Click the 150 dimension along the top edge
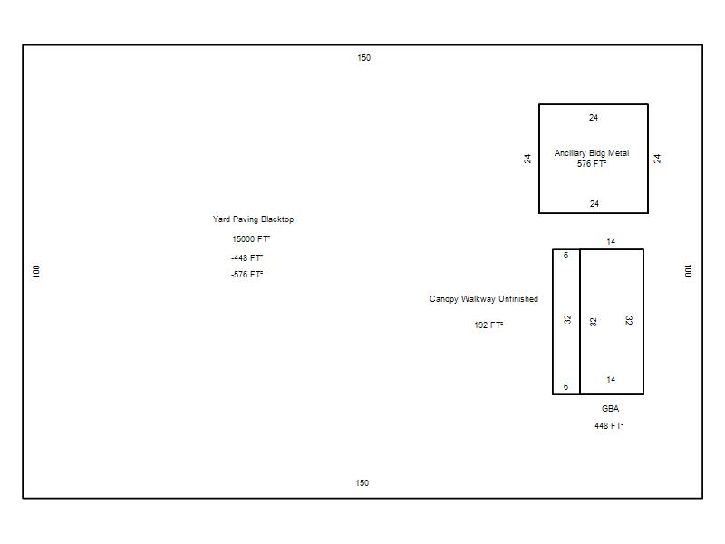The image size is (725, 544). pos(364,58)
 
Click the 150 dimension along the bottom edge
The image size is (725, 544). pos(362,483)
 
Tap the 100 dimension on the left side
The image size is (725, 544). pos(36,271)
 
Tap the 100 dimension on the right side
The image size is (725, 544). pos(688,271)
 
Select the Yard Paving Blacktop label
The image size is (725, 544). pos(253,219)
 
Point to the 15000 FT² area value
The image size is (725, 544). pos(251,239)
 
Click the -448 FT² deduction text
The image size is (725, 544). pos(246,258)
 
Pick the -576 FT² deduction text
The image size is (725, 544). pos(246,275)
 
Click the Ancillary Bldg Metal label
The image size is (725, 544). pos(592,153)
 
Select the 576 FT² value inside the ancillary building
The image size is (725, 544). pos(592,164)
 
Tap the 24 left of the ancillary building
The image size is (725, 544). pos(527,159)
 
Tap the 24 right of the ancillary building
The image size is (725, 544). pos(657,159)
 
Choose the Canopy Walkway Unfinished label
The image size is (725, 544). pos(484,299)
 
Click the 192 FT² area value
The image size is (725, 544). pos(488,325)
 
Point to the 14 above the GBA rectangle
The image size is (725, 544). pos(611,242)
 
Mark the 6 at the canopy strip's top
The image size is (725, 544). pos(565,256)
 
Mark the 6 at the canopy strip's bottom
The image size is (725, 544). pos(565,387)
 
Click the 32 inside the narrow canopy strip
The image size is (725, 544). pos(567,319)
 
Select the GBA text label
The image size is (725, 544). pos(610,409)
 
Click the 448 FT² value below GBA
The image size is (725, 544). pos(609,425)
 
